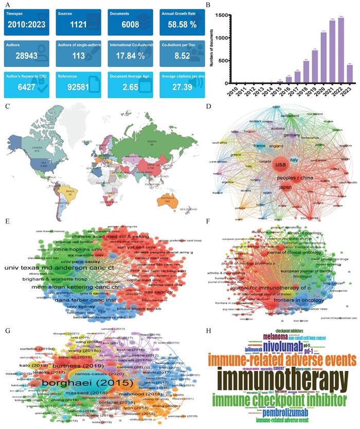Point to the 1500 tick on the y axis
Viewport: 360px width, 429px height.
(224, 15)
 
